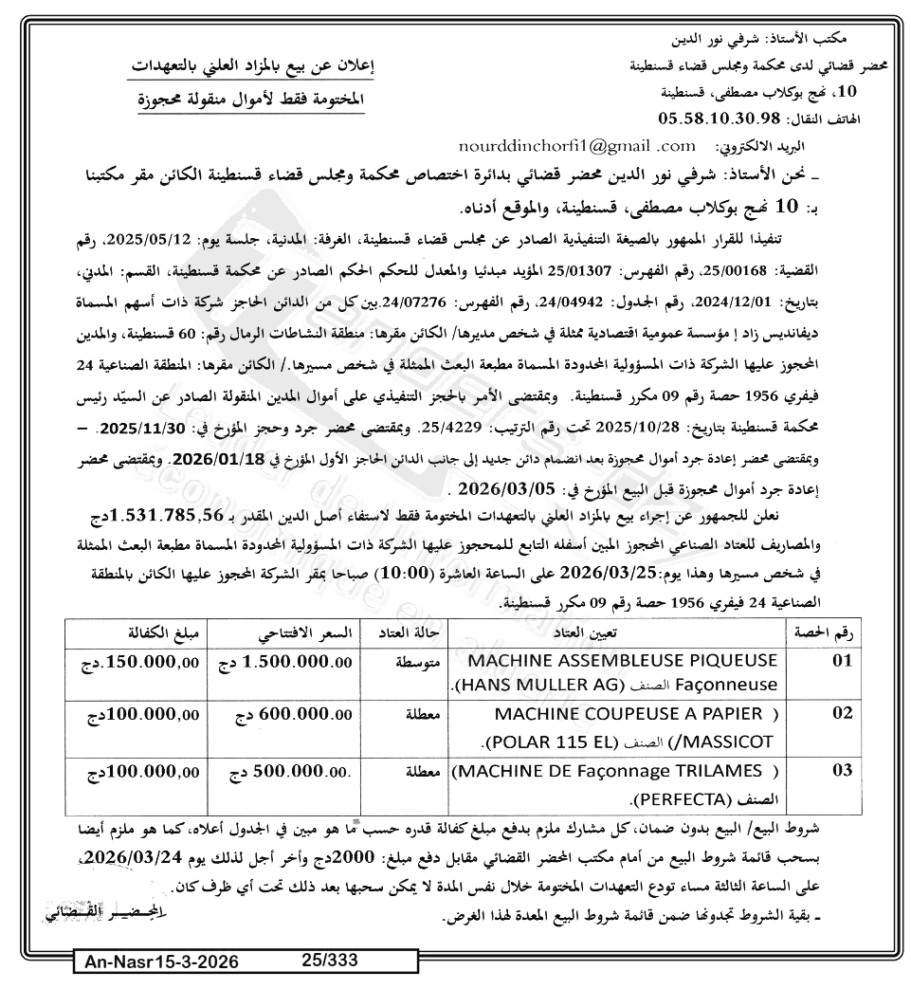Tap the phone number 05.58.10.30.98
(718, 119)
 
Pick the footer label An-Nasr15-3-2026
(160, 963)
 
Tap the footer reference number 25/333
(329, 960)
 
